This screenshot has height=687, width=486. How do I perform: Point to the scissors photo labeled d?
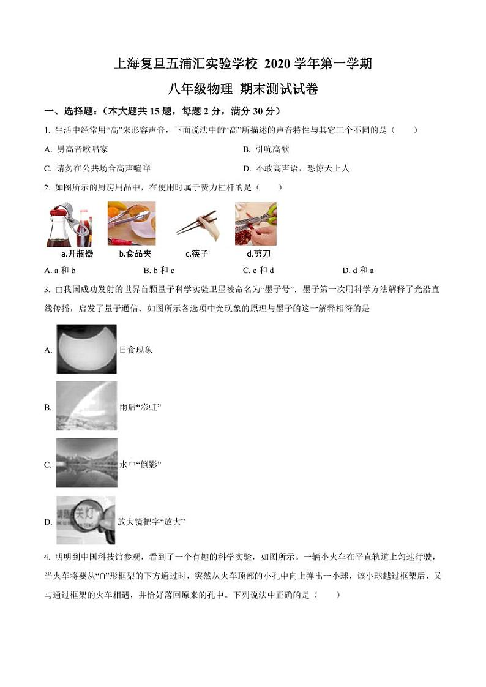[x=256, y=224]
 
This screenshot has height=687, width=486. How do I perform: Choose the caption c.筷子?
[x=197, y=253]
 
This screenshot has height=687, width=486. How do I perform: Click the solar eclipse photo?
[x=86, y=349]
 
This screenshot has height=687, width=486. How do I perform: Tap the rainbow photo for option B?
[x=86, y=407]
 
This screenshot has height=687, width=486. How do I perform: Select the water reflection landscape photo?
[x=86, y=464]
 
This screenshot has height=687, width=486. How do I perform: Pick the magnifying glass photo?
[x=86, y=521]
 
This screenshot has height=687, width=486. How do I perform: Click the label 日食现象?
[x=136, y=350]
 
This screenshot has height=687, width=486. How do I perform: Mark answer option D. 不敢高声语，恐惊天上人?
[x=296, y=168]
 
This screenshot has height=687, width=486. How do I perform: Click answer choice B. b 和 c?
[x=159, y=270]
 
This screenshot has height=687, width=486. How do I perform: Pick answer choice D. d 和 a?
[x=358, y=270]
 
